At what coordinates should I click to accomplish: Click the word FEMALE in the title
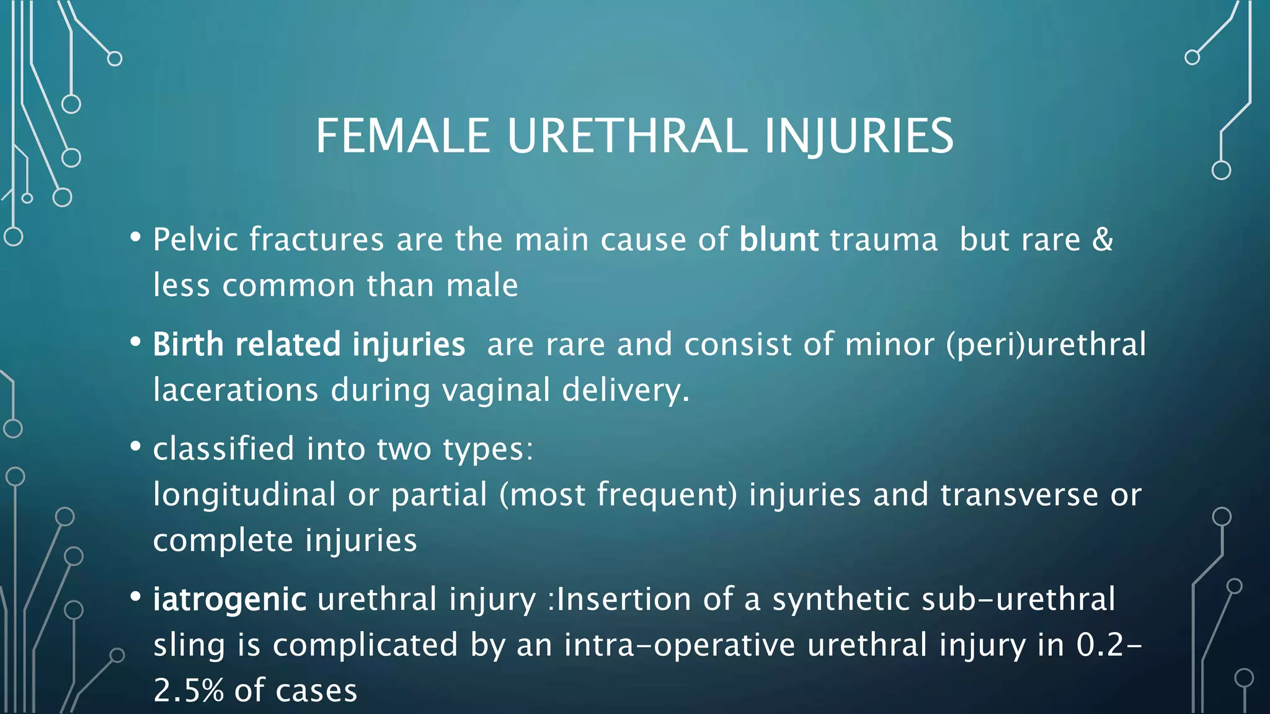tap(402, 136)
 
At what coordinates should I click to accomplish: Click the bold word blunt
tap(778, 240)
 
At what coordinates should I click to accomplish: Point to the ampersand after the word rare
tap(1103, 240)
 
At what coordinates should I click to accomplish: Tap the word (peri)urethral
tap(1046, 345)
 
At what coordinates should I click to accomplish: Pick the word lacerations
tap(236, 390)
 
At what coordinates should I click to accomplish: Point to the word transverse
tap(1019, 495)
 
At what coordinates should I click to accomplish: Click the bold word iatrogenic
tap(229, 599)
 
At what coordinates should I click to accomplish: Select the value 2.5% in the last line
tap(189, 691)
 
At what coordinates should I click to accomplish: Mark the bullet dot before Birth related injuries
tap(136, 342)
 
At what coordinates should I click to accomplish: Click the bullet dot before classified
tap(136, 447)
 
